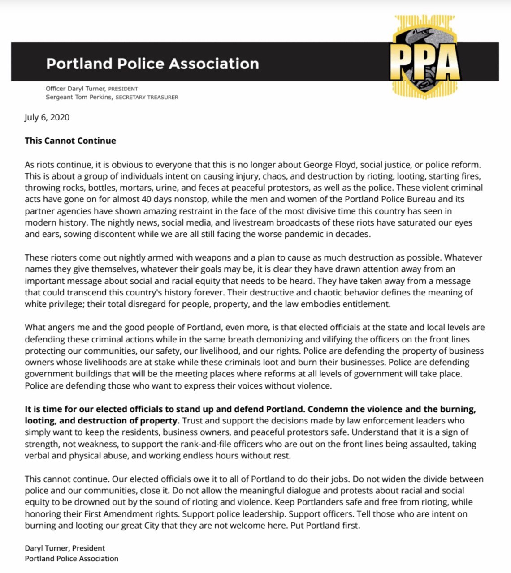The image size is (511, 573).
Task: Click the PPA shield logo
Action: (x=424, y=57)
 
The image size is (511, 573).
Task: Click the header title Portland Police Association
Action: (x=152, y=64)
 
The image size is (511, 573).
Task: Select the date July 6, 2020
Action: (x=47, y=117)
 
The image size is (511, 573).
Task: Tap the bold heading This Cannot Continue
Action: (x=70, y=141)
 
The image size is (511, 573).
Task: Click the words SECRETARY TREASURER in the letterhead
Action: (x=147, y=97)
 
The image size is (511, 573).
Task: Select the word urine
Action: (x=166, y=188)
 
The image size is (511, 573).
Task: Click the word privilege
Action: (x=65, y=304)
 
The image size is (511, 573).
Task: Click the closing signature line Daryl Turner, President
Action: (x=65, y=548)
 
